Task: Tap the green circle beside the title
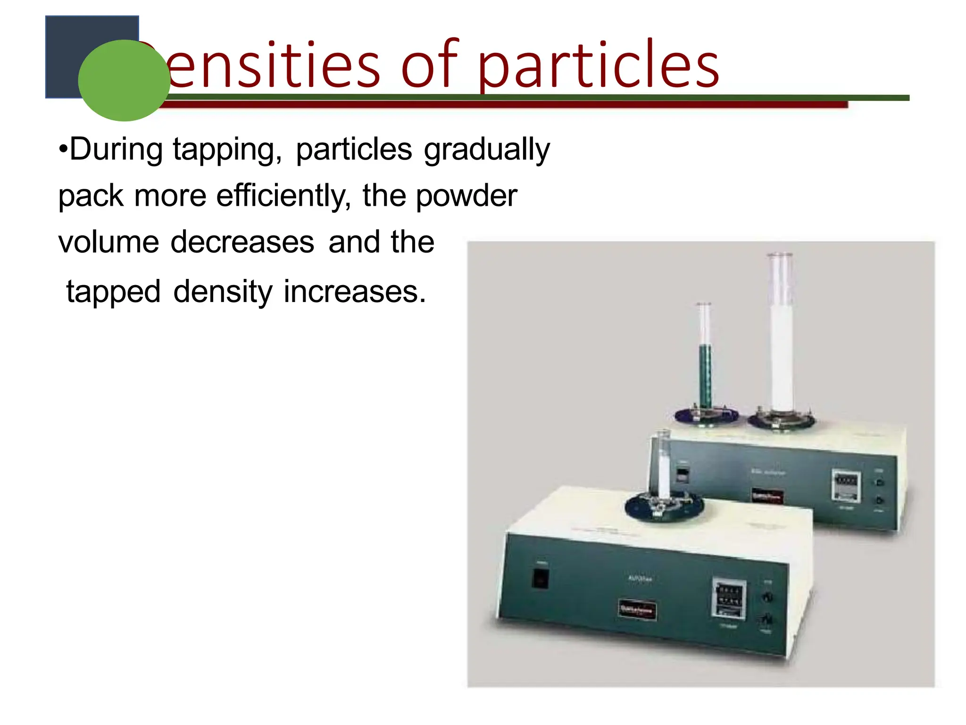[x=124, y=80]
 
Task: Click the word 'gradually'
[x=487, y=150]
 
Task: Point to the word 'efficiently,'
[x=283, y=196]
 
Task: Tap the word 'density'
[x=223, y=292]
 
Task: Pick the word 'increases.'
[x=355, y=292]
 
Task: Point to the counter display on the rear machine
[x=846, y=486]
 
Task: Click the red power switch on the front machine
[x=540, y=578]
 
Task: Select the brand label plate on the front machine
[x=637, y=609]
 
